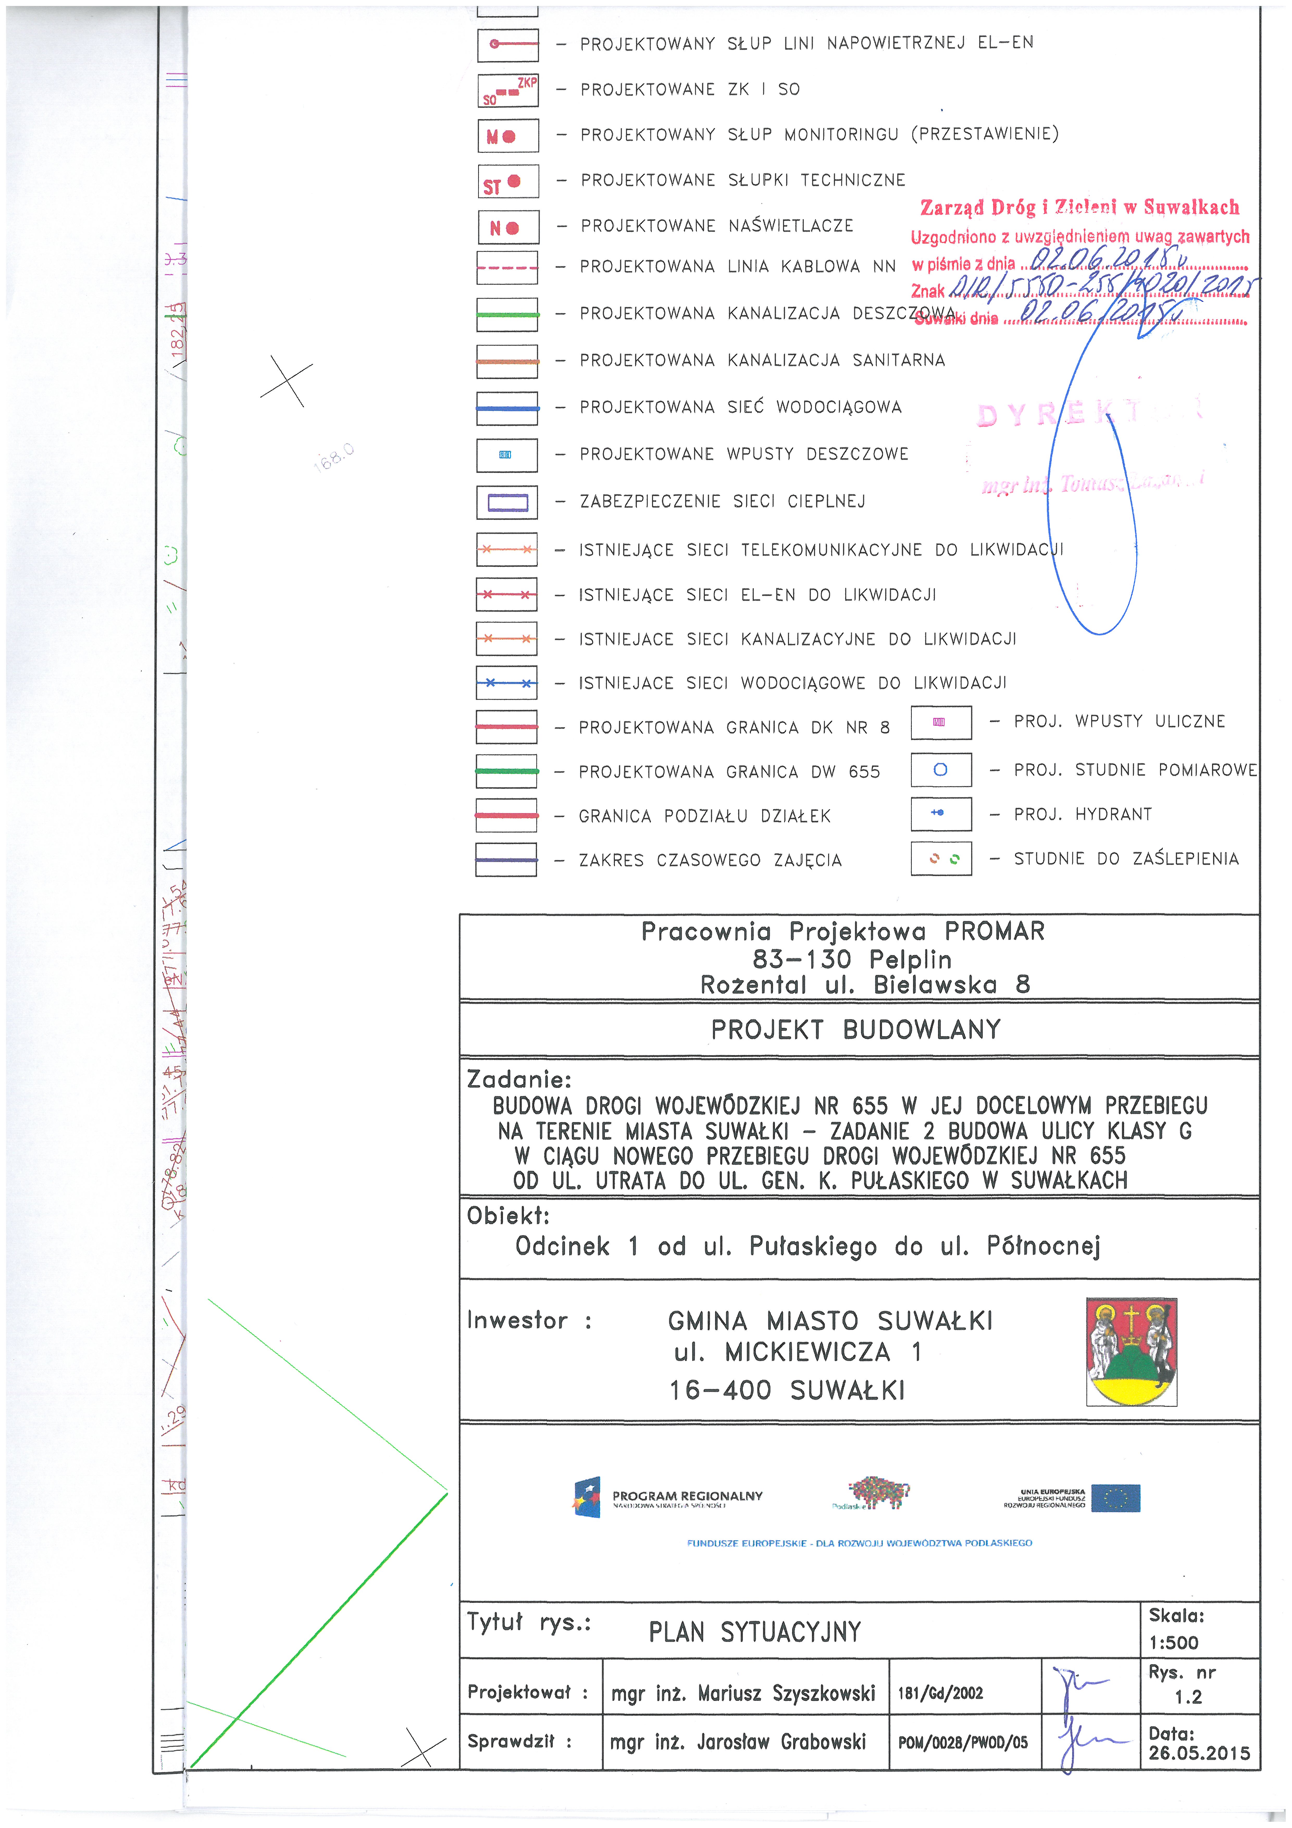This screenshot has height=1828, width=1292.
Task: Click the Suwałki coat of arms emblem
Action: coord(1131,1351)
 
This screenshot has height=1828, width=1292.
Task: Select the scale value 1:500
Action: coord(1173,1642)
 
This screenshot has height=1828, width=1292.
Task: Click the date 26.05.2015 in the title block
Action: coord(1199,1753)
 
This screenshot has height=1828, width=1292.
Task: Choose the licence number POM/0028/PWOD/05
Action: coord(962,1743)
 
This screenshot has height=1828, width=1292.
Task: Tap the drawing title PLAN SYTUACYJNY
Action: coord(755,1632)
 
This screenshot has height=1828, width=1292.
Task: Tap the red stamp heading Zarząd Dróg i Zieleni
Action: coord(1079,208)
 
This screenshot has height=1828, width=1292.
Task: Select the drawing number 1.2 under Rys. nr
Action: coord(1188,1697)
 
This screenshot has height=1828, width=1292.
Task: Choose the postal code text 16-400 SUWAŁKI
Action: coord(786,1390)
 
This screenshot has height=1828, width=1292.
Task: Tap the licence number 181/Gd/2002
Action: coord(940,1694)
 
